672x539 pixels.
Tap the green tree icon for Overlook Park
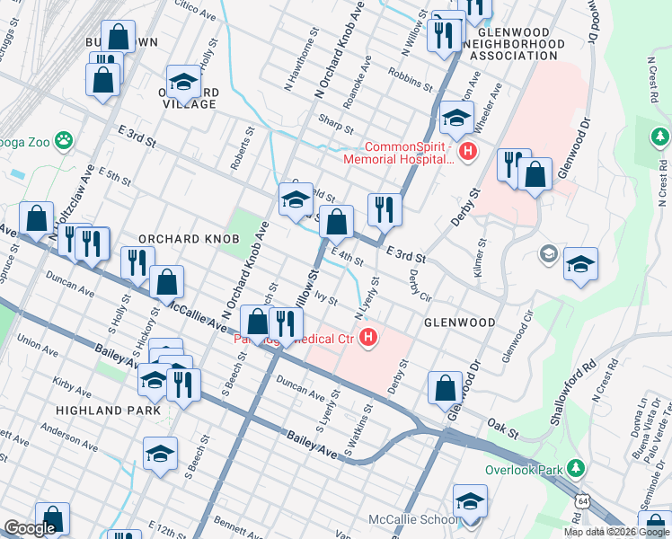coord(575,470)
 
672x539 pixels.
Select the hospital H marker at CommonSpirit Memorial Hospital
coord(467,153)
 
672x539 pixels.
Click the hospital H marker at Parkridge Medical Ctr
coord(367,339)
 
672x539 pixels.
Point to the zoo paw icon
coord(63,140)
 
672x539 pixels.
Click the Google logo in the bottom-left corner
coord(30,528)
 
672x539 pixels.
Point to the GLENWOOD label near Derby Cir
coord(460,322)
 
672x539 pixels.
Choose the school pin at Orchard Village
coord(183,85)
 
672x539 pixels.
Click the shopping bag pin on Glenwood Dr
coord(446,389)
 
